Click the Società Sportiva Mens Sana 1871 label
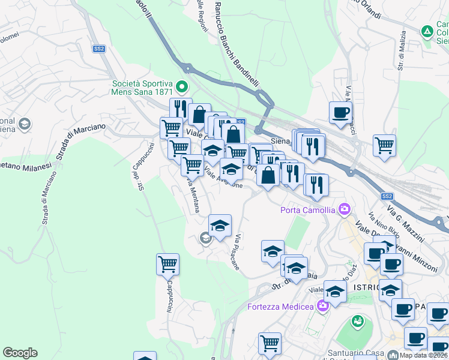click(142, 88)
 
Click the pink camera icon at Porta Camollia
click(345, 209)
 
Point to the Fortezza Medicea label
click(281, 307)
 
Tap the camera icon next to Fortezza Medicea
click(323, 307)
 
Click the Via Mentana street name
click(193, 194)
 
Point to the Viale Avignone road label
click(223, 178)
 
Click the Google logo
click(20, 353)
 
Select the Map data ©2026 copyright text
click(423, 355)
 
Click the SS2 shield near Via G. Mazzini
click(387, 196)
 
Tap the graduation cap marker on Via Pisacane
click(220, 226)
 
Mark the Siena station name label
click(280, 141)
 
